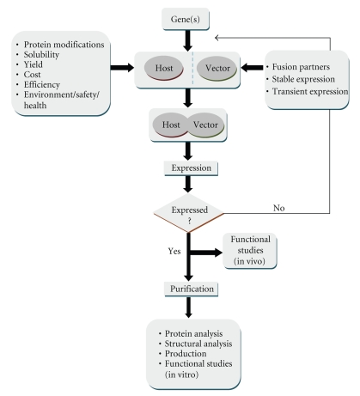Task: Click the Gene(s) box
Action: pos(186,19)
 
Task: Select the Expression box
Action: pos(191,168)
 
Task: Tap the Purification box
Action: pos(192,289)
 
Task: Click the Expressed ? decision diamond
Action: pos(188,213)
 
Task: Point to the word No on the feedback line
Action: pos(279,208)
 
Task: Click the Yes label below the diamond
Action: pos(174,251)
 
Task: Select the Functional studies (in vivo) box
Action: pos(250,251)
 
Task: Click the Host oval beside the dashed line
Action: pos(164,68)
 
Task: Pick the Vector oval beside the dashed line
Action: pos(217,68)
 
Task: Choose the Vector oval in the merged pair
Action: pos(206,125)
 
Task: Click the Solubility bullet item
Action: pos(41,55)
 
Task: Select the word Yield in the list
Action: pos(34,64)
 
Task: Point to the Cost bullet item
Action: pos(32,75)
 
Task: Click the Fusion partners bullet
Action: pos(301,67)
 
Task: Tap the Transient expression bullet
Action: pos(310,91)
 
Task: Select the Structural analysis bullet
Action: pos(198,344)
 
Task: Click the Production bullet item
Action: pos(186,354)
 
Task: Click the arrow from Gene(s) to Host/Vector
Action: pos(187,41)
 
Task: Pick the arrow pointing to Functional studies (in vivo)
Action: pos(206,253)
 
